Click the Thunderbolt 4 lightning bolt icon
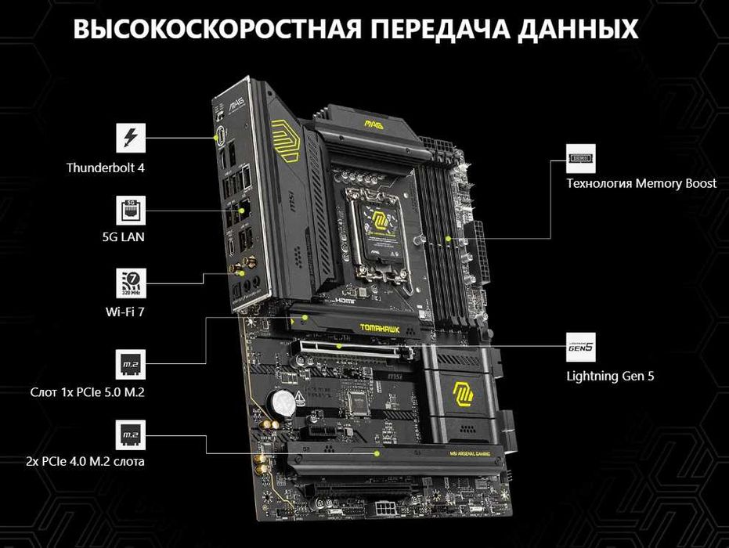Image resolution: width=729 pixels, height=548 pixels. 130,138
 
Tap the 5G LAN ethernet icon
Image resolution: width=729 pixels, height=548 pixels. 130,211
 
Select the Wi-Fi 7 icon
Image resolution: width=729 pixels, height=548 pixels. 130,283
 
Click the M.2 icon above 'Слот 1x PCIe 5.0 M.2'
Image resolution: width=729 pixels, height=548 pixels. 130,364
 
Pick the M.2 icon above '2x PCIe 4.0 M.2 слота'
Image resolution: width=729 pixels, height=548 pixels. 130,434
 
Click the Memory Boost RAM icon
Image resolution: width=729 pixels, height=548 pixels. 581,159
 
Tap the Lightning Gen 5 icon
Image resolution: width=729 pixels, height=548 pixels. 581,345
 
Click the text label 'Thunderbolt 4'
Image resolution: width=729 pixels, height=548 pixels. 106,168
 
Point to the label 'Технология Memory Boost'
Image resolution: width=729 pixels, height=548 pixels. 641,184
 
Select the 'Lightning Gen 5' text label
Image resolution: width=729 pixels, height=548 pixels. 610,376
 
